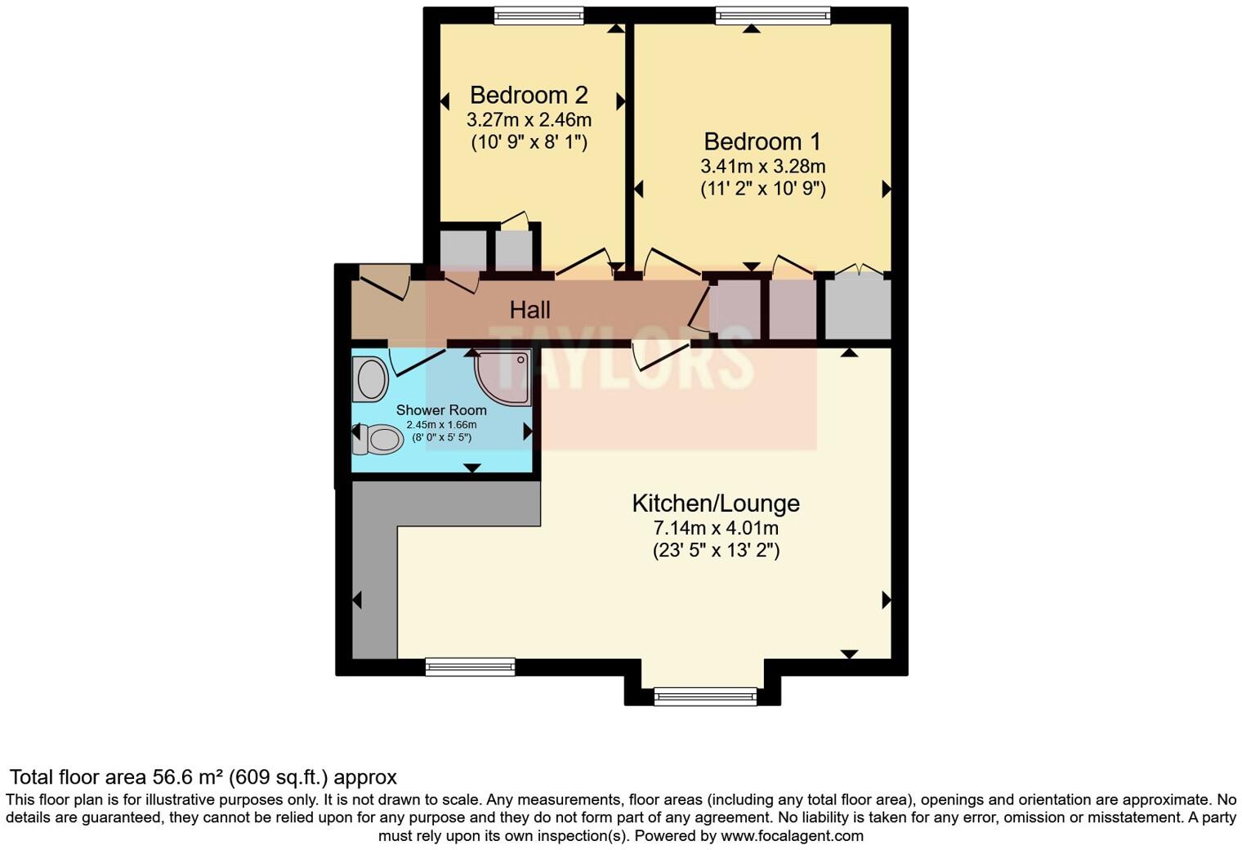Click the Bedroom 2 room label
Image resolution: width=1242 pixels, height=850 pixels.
tap(529, 95)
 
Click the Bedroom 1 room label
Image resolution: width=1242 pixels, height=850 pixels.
tap(762, 141)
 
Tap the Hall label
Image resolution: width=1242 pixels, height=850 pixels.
tap(529, 310)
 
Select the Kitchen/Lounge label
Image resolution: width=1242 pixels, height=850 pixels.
tap(716, 503)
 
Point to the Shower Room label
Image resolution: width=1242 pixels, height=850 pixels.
tap(441, 410)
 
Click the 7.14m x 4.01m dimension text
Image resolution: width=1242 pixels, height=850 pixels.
tap(716, 528)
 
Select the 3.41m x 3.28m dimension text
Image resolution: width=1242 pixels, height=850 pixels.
tap(762, 167)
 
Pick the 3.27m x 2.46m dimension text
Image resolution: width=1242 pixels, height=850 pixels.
tap(529, 120)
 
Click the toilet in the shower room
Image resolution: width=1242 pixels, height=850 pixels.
tap(378, 440)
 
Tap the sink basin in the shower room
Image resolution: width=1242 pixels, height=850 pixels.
tap(370, 380)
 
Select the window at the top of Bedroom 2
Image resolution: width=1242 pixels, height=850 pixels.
tap(539, 16)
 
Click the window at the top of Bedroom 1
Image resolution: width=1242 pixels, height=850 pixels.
tap(773, 16)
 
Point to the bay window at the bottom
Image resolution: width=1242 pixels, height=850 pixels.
tap(705, 696)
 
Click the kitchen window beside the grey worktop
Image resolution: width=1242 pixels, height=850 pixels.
tap(471, 667)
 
